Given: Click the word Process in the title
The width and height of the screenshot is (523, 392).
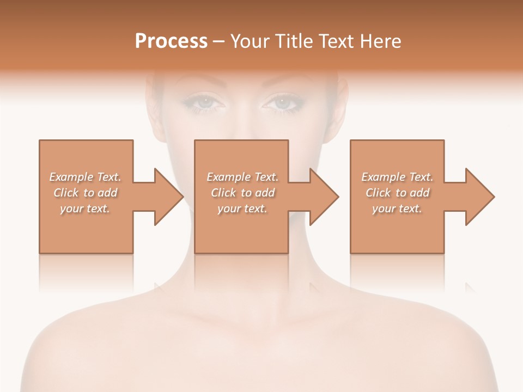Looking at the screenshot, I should click(171, 41).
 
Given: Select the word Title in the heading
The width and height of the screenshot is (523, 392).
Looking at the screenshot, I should click(295, 41).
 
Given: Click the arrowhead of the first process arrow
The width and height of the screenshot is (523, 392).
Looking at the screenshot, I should click(169, 196).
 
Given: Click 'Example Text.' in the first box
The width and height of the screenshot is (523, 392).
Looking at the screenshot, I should click(85, 177).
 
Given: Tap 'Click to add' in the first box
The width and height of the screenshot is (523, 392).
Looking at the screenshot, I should click(85, 193).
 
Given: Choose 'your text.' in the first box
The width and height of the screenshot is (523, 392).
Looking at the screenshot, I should click(85, 209).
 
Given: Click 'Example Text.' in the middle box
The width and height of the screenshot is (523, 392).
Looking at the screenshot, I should click(242, 177).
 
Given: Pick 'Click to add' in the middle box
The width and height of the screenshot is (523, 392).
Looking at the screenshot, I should click(242, 193).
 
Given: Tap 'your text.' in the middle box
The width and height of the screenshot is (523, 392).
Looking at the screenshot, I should click(242, 209).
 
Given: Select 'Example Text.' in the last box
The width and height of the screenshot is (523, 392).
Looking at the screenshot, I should click(397, 177).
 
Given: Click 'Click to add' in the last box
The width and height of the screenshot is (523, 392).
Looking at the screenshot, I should click(397, 193).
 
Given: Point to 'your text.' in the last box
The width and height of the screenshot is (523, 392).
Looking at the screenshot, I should click(397, 209).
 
